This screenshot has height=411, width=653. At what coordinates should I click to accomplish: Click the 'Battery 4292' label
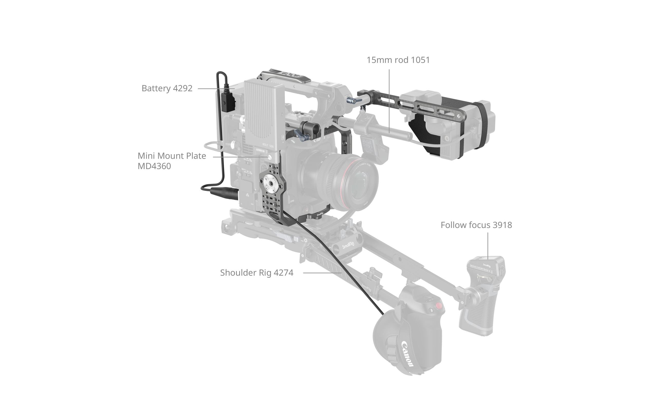[x=167, y=88]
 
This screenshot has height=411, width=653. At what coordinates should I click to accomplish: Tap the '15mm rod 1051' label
[x=398, y=60]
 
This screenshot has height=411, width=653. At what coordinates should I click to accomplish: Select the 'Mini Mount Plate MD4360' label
[x=172, y=161]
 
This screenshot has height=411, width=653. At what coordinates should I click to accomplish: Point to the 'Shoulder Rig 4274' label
[x=257, y=273]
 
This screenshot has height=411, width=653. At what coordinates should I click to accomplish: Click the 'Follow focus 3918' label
[x=476, y=225]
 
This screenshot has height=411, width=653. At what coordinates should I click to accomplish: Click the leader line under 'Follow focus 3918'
[x=488, y=245]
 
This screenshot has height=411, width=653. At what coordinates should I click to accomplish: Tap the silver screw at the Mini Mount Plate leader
[x=269, y=157]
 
